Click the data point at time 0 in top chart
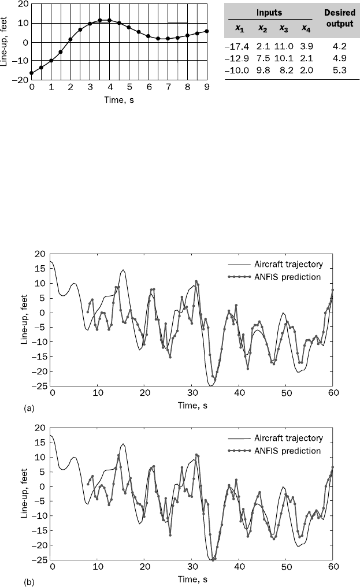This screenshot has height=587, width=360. pos(31,73)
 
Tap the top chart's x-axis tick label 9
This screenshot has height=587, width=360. pos(207,87)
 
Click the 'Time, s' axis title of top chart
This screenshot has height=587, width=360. pos(119,98)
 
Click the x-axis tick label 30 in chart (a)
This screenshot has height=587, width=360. pos(192,393)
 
